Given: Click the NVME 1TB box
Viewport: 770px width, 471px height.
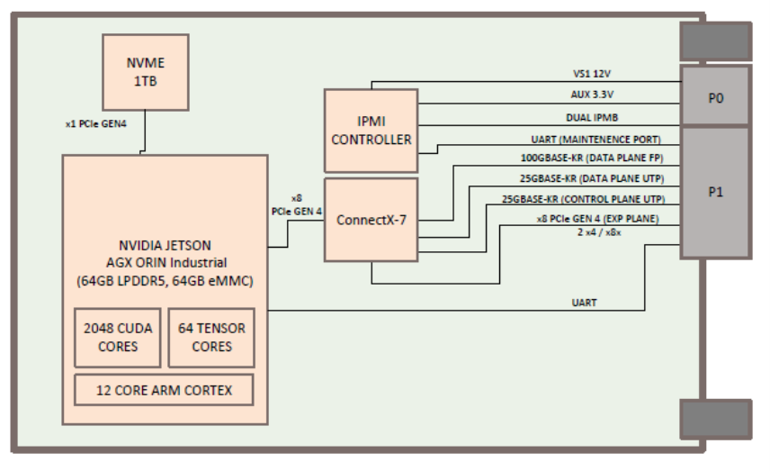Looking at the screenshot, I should pyautogui.click(x=145, y=71).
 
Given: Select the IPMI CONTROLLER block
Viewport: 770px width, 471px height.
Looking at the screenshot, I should pyautogui.click(x=371, y=131).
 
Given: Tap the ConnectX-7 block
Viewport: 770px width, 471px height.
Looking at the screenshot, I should pyautogui.click(x=371, y=220).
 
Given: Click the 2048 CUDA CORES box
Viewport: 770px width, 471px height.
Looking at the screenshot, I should pyautogui.click(x=117, y=338).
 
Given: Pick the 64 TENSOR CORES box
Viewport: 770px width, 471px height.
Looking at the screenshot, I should pyautogui.click(x=211, y=338).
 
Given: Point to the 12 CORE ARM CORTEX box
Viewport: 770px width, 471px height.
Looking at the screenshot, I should pyautogui.click(x=164, y=390).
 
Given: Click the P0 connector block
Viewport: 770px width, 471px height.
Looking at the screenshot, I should pyautogui.click(x=715, y=95).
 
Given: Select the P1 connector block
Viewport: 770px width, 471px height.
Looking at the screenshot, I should pyautogui.click(x=715, y=192).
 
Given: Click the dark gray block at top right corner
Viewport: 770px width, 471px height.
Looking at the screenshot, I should pyautogui.click(x=715, y=41).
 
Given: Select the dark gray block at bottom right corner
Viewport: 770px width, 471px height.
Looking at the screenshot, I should pyautogui.click(x=715, y=420).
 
